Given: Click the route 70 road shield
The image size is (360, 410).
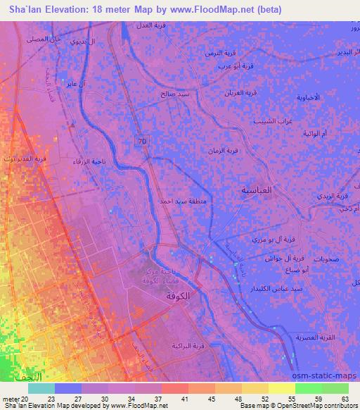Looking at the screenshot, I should click(143, 142).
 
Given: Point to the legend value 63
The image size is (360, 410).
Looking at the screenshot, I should click(344, 398).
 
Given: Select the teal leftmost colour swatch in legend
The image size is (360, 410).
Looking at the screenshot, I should click(41, 388).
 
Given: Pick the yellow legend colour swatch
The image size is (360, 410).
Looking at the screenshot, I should click(283, 388).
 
